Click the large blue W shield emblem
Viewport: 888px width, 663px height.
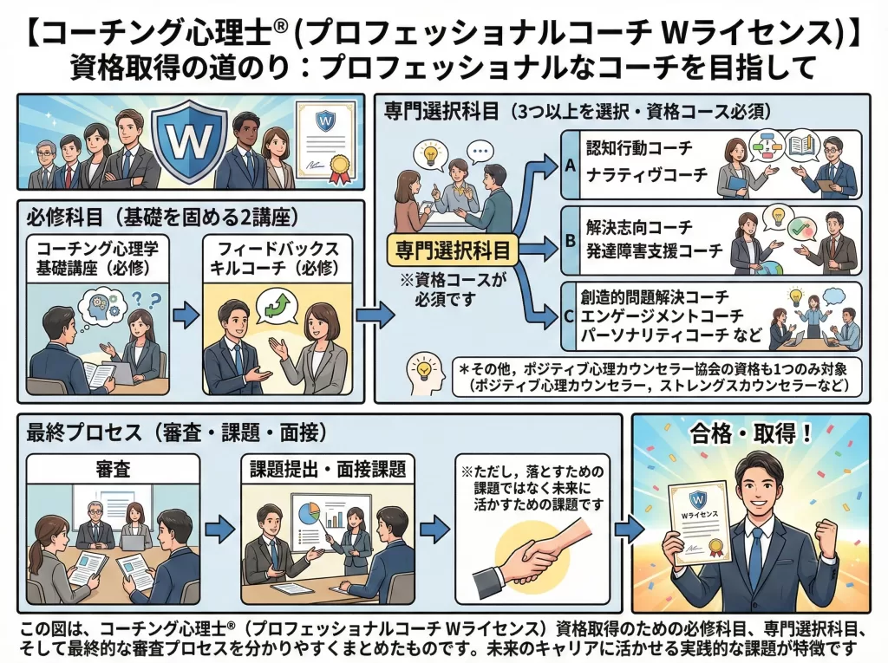pos(190,139)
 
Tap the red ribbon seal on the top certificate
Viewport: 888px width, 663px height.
pos(339,167)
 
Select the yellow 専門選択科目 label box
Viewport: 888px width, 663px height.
pos(453,250)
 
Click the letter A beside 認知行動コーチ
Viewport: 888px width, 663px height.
pos(571,166)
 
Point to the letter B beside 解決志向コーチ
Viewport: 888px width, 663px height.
pos(571,241)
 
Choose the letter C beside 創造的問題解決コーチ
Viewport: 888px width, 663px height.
pos(570,316)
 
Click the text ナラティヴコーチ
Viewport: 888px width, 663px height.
pos(647,174)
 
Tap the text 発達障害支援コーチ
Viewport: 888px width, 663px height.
pos(654,250)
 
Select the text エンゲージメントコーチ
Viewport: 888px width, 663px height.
pos(662,316)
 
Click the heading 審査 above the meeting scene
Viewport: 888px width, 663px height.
pos(113,470)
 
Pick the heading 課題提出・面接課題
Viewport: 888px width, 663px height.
pos(328,470)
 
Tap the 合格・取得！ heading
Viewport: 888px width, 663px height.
pos(751,434)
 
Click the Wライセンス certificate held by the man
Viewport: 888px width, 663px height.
pos(699,523)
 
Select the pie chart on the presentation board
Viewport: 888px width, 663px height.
pos(309,513)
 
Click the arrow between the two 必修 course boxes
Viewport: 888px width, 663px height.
pos(186,315)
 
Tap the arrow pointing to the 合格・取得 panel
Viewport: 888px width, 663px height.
pos(630,530)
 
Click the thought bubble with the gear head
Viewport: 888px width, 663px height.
pos(103,309)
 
